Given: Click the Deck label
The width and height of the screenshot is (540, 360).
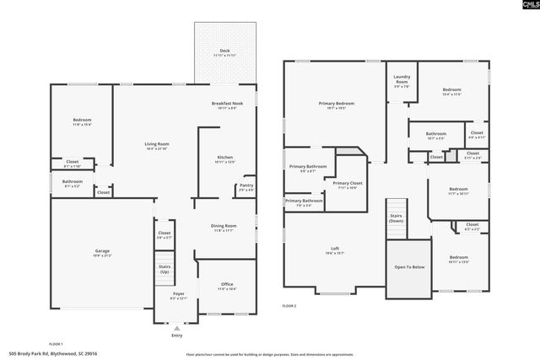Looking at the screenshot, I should (x=224, y=51).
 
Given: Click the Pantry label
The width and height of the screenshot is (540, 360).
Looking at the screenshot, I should (x=246, y=186).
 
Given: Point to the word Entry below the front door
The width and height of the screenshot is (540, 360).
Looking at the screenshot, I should (x=176, y=335).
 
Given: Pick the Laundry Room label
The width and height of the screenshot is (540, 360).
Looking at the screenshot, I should (x=402, y=80).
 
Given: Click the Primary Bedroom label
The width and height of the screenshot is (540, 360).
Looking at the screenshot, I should (x=336, y=105).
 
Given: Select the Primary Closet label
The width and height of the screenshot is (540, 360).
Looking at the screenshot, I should (x=347, y=185).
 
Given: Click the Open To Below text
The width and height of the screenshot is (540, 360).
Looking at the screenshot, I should (x=408, y=266).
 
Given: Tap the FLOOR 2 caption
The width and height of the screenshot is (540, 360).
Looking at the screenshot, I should (x=289, y=306).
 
